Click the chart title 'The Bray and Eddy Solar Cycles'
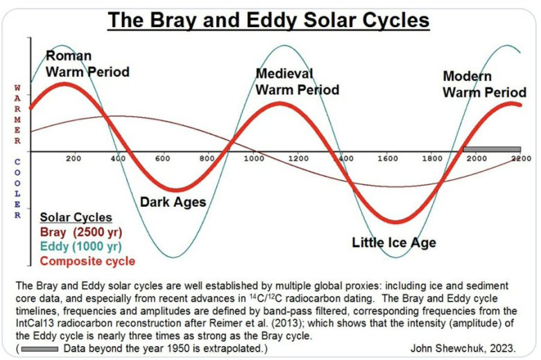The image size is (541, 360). pos(268,19)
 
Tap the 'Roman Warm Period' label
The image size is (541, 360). pos(87,63)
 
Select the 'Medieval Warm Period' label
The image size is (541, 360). pos(297,81)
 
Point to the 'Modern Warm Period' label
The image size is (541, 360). pos(484,84)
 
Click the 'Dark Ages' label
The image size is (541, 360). pos(173,203)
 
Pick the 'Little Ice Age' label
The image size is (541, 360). pos(394,242)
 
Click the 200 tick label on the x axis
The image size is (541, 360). pos(74,159)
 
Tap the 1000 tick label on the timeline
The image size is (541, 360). pos(255,159)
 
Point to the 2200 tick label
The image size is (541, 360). pos(521,159)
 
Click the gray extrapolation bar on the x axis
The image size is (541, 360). pos(492,149)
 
